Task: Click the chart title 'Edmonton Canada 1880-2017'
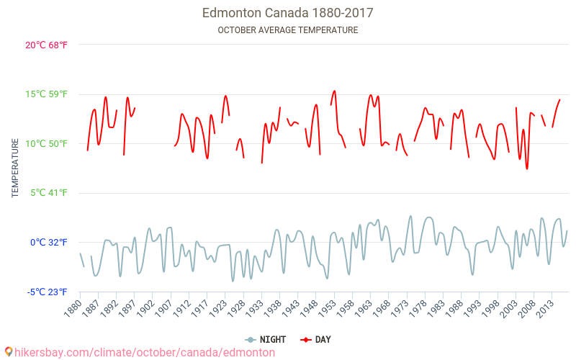point(288,13)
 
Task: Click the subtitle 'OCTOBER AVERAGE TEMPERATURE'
point(288,30)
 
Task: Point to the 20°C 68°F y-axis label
point(46,45)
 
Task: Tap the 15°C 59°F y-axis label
point(46,94)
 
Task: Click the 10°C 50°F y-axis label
point(46,143)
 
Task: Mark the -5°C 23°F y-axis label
point(48,292)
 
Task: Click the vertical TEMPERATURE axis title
point(15,168)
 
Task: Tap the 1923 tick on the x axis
point(219,308)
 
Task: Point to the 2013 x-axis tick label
point(545,308)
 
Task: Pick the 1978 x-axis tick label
point(418,308)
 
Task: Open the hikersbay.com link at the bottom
point(145,352)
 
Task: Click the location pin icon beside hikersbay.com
point(8,352)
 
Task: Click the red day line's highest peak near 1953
point(334,91)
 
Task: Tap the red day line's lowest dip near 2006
point(527,168)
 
